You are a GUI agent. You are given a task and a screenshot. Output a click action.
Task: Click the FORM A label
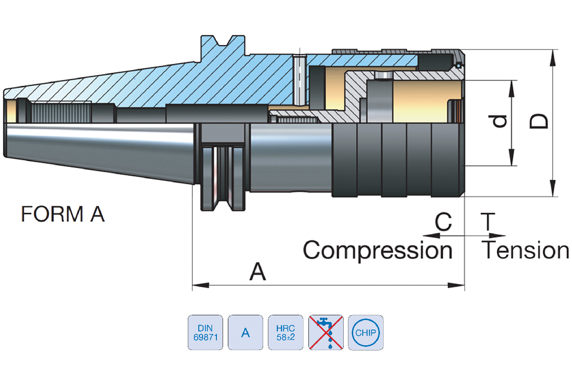[x=62, y=214]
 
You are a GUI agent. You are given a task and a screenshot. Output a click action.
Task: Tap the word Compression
[x=378, y=250]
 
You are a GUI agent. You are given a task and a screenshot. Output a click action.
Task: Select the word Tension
[x=525, y=250]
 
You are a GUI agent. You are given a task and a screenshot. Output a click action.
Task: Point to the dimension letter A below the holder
[x=258, y=273]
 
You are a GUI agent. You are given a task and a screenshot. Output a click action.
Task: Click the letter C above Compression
[x=443, y=222]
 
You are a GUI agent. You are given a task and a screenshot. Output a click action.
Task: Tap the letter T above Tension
[x=487, y=222]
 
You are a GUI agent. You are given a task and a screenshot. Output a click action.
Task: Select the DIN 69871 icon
[x=205, y=332]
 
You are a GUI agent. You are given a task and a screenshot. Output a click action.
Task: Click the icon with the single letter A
[x=245, y=332]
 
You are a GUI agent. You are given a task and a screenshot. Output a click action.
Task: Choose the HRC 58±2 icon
[x=286, y=332]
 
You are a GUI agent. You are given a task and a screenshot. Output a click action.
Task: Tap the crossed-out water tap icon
[x=326, y=332]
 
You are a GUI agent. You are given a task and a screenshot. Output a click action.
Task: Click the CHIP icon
[x=366, y=332]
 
